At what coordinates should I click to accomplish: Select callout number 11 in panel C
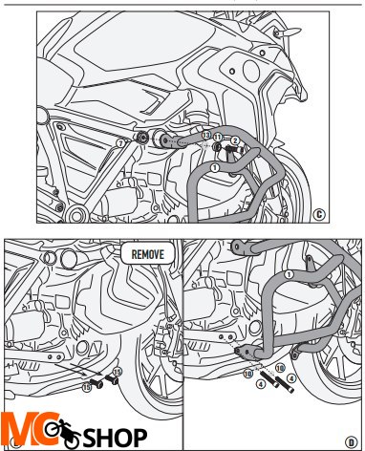(217, 137)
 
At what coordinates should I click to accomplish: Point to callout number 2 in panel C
(234, 140)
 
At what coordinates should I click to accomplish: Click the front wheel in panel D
(330, 363)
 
